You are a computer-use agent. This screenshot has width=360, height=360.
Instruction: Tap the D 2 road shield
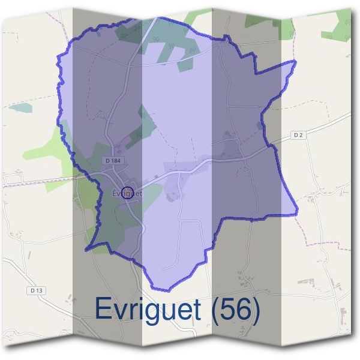298,136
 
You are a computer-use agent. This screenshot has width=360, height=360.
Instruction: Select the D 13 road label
35,290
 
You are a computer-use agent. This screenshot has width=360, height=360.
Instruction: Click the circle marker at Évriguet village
127,192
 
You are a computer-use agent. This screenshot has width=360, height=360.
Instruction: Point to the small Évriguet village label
127,193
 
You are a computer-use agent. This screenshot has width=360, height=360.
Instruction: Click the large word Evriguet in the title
148,310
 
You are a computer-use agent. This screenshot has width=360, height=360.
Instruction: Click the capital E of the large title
104,310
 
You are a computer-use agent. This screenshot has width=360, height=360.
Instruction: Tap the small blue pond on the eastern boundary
259,126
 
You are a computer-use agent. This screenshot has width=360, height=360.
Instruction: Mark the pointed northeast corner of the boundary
296,61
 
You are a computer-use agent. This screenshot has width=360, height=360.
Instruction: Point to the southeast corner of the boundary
297,214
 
